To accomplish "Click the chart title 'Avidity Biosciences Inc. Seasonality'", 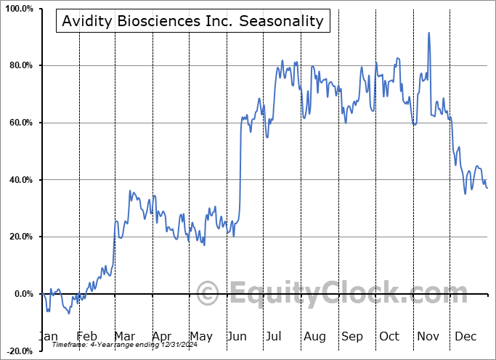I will (192, 20).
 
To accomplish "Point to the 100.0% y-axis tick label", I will (18, 9).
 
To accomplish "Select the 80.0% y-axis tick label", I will (20, 66).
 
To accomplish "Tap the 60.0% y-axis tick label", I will (20, 123).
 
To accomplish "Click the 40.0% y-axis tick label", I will (20, 180).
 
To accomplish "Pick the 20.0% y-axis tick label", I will (20, 237).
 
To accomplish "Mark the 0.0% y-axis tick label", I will (22, 294).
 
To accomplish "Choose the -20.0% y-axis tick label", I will (18, 351).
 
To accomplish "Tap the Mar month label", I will (125, 337).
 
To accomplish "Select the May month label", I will (200, 337).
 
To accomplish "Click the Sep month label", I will (352, 337).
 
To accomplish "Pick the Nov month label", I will (428, 337).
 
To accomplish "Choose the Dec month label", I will (466, 337).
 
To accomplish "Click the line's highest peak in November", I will (429, 33).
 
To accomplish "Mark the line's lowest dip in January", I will (69, 313).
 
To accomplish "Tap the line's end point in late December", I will (487, 189).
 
